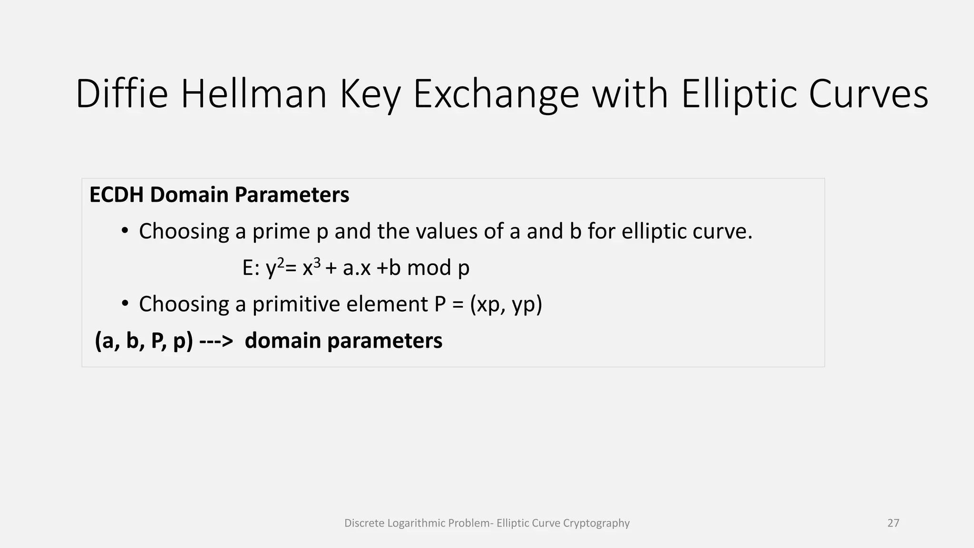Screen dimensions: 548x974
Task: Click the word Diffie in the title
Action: (122, 94)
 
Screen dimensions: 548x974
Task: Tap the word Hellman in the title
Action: (254, 94)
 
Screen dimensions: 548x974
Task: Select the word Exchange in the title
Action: (496, 94)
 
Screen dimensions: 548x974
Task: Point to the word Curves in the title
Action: (868, 94)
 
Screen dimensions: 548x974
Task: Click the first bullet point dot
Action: (125, 231)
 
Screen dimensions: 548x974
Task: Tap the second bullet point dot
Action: (125, 304)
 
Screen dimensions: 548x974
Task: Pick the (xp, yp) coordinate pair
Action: (506, 305)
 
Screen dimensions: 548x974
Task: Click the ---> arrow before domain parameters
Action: (216, 341)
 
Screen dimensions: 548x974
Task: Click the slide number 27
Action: (893, 523)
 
